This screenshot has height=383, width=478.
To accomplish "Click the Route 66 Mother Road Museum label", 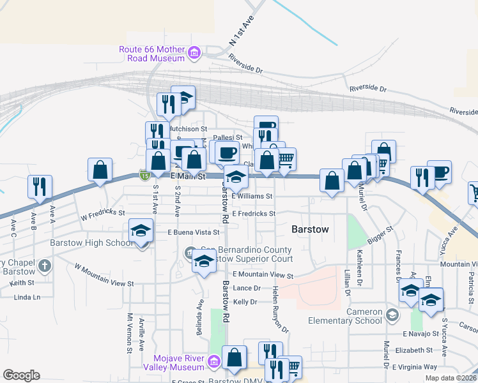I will (x=151, y=55).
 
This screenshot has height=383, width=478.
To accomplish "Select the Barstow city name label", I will (x=310, y=229).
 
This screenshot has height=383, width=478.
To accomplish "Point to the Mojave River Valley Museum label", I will (x=181, y=363).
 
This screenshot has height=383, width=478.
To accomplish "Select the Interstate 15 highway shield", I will (x=145, y=175).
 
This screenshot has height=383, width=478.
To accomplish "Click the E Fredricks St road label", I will (x=254, y=214).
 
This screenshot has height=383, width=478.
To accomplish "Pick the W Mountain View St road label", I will (x=104, y=274).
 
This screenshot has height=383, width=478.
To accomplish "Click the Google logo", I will (x=21, y=375).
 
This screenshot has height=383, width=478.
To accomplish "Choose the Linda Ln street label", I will (x=27, y=297).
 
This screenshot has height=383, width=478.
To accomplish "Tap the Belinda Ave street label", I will (x=200, y=322).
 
